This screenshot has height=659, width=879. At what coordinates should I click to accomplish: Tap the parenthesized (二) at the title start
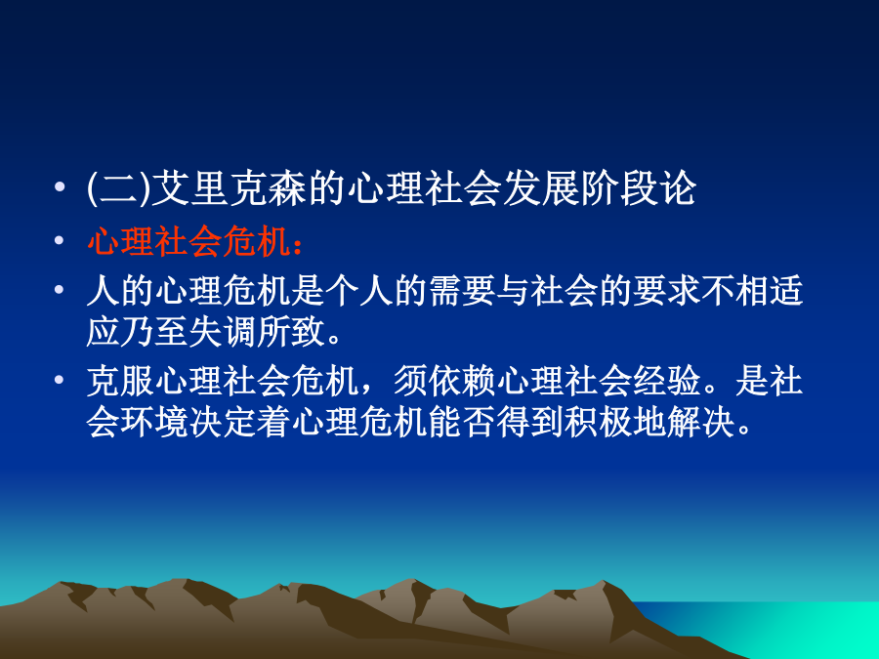(119, 187)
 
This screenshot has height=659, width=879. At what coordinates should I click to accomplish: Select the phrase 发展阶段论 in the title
(598, 187)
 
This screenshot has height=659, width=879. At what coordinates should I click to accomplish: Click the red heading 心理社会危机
(188, 242)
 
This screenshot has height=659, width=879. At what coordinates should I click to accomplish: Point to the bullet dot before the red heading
(59, 241)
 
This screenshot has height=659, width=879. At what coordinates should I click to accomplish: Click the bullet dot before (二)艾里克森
(59, 186)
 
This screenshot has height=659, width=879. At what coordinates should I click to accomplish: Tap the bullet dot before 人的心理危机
(59, 290)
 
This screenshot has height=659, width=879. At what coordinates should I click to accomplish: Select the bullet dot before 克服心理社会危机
(59, 381)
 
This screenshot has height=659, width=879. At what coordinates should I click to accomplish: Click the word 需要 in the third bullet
(463, 291)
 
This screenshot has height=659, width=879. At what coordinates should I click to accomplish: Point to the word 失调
(223, 332)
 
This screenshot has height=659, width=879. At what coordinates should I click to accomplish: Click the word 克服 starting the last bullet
(120, 381)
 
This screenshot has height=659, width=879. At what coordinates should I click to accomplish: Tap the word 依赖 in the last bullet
(463, 381)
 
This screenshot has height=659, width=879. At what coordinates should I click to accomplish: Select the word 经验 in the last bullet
(668, 381)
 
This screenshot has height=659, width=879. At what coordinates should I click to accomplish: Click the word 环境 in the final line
(154, 423)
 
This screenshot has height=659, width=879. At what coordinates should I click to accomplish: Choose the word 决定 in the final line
(223, 423)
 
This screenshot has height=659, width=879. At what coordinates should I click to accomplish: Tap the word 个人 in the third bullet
(359, 291)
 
